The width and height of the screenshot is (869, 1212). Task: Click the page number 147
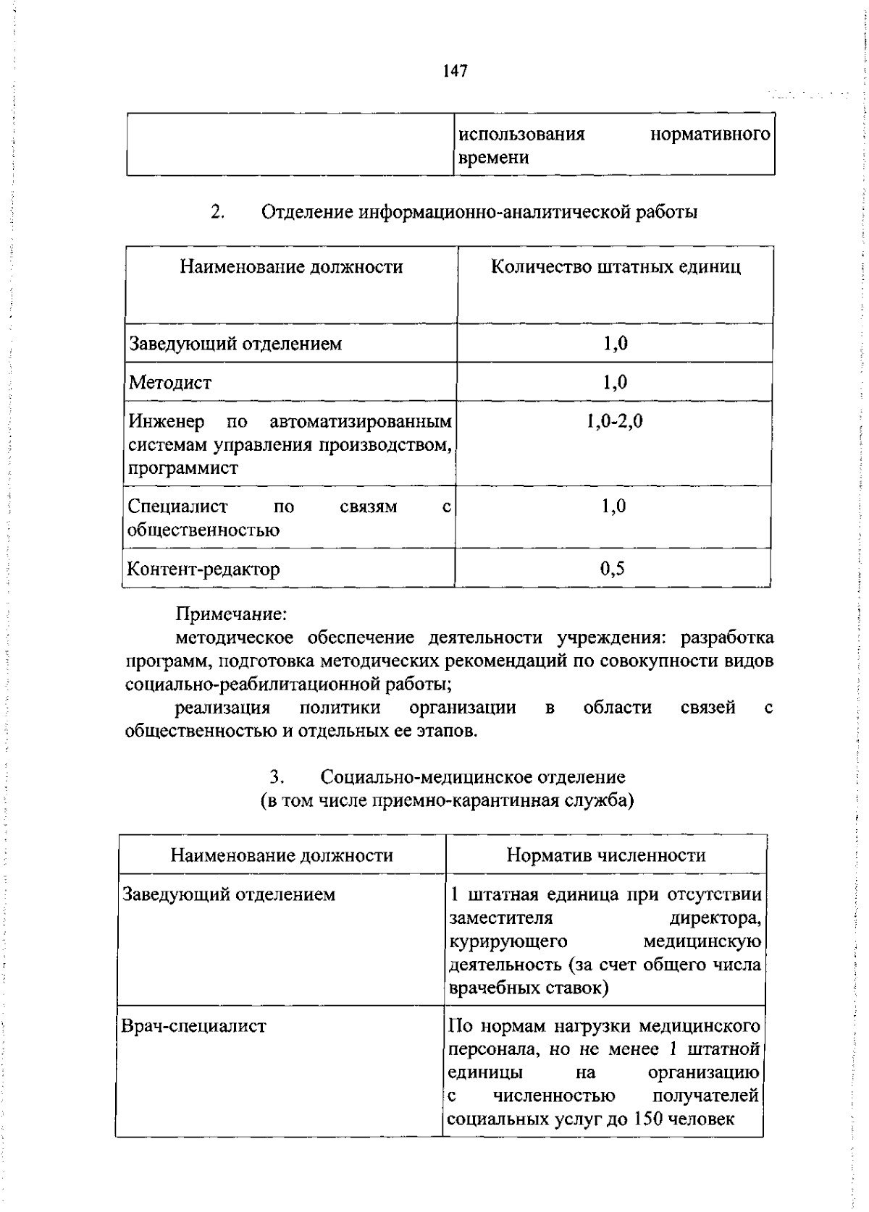point(455,71)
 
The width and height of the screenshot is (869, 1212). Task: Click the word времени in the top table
point(493,158)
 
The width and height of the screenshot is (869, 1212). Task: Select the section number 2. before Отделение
point(218,213)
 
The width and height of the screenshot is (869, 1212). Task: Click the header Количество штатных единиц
point(616,267)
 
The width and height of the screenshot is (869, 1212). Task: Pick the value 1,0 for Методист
point(615,382)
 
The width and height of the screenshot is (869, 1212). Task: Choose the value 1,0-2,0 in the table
point(615,421)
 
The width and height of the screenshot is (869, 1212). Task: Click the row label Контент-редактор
point(203,569)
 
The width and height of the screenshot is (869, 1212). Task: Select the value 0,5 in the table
point(613,569)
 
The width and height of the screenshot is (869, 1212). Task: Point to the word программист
point(183,468)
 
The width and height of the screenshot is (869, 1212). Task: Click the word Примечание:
point(232,614)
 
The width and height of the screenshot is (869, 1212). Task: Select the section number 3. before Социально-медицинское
point(276,778)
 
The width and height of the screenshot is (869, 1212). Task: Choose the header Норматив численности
point(606,855)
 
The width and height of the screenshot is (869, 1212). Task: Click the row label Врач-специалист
point(193,1026)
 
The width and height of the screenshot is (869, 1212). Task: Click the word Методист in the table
point(170,382)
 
